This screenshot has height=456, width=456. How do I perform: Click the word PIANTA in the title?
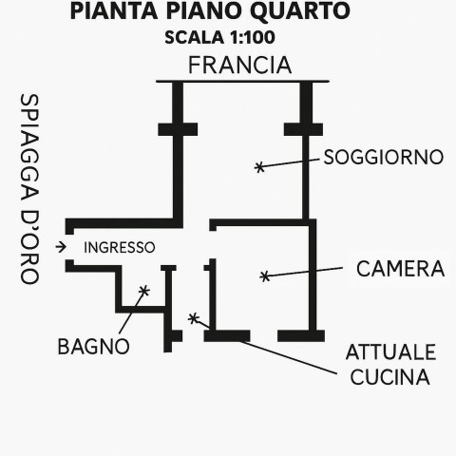114,10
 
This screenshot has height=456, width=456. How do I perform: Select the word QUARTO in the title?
299,10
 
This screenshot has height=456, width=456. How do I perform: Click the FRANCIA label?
239,66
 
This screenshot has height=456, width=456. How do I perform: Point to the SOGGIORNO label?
384,157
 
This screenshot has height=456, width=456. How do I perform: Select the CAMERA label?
401,269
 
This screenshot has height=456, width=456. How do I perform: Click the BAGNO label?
94,347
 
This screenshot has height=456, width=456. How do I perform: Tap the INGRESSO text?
120,248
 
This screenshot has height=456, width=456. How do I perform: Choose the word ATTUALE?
391,352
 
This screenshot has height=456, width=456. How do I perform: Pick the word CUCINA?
390,377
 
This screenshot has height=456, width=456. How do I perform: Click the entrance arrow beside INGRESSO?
61,247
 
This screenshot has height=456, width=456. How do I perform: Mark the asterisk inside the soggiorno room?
259,167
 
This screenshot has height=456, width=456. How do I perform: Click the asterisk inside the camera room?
265,276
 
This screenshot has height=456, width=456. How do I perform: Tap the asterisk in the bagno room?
144,291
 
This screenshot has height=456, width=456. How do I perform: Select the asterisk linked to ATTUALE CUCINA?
193,318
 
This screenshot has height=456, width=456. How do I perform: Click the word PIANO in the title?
204,10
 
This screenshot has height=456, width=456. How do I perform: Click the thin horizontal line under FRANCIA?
242,82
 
